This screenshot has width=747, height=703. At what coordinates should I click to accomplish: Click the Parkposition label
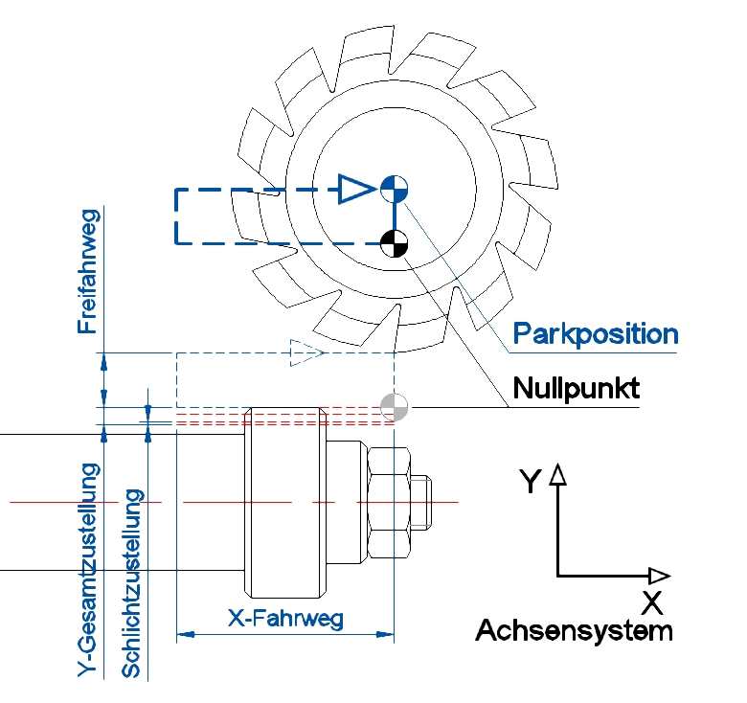point(596,334)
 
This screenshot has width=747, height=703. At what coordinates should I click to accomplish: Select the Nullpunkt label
point(576,389)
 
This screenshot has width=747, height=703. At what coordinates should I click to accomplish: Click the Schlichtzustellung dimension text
point(132,584)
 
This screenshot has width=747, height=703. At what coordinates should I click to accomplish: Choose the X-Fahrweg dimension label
point(284,618)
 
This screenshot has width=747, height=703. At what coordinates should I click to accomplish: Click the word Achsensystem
point(574,631)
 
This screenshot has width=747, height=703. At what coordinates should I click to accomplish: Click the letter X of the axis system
point(652,603)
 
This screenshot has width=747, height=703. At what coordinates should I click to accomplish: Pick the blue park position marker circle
point(394,188)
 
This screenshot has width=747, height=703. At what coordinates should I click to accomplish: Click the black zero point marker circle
point(394,244)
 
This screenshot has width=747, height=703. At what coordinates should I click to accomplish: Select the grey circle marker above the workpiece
point(394,407)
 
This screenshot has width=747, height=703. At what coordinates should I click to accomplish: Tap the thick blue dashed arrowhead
point(355,189)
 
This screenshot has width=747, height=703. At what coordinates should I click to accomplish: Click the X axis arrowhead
point(659,576)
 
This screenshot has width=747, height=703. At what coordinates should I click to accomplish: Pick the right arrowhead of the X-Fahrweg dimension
point(386,633)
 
